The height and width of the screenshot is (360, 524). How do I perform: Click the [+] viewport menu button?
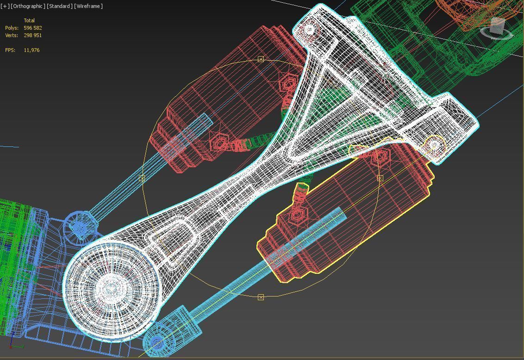[x=5, y=6]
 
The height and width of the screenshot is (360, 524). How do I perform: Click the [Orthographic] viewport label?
[x=28, y=6]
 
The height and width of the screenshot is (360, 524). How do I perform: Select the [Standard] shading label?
[x=60, y=6]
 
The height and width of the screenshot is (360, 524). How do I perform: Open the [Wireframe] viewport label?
[x=88, y=6]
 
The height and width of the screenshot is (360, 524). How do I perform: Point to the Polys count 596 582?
[x=33, y=28]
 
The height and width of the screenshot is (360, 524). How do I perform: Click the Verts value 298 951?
[x=33, y=35]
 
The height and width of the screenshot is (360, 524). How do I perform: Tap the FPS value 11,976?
[x=31, y=50]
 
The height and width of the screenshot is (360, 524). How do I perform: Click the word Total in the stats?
[x=29, y=20]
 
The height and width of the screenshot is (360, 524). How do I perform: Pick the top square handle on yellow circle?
[x=261, y=59]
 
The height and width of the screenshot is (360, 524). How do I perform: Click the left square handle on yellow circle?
[x=142, y=178]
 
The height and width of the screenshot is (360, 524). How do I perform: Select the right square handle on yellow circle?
[x=380, y=178]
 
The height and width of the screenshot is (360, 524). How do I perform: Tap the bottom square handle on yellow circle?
[x=261, y=297]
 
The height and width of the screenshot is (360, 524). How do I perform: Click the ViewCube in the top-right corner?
[x=497, y=27]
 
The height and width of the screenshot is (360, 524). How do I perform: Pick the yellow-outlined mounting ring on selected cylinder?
[x=434, y=145]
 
